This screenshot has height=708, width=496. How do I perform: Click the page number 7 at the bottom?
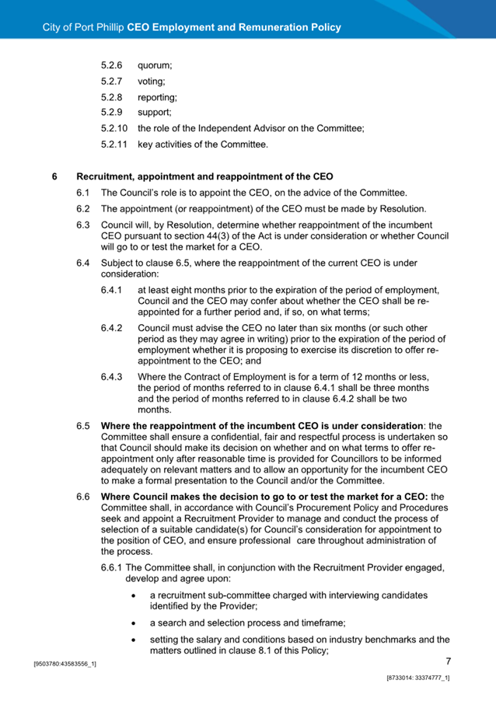pyautogui.click(x=449, y=661)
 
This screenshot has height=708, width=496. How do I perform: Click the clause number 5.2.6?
pyautogui.click(x=113, y=68)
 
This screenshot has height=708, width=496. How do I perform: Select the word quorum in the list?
pyautogui.click(x=155, y=68)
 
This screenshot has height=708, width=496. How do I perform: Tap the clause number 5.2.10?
pyautogui.click(x=115, y=128)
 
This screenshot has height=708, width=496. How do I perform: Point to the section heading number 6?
pyautogui.click(x=54, y=176)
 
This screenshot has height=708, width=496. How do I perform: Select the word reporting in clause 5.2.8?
pyautogui.click(x=157, y=98)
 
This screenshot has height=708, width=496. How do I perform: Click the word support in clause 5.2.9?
pyautogui.click(x=154, y=113)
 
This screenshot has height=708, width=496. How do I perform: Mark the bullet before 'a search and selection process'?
pyautogui.click(x=135, y=623)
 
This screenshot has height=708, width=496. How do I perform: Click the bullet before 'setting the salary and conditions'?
pyautogui.click(x=135, y=640)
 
